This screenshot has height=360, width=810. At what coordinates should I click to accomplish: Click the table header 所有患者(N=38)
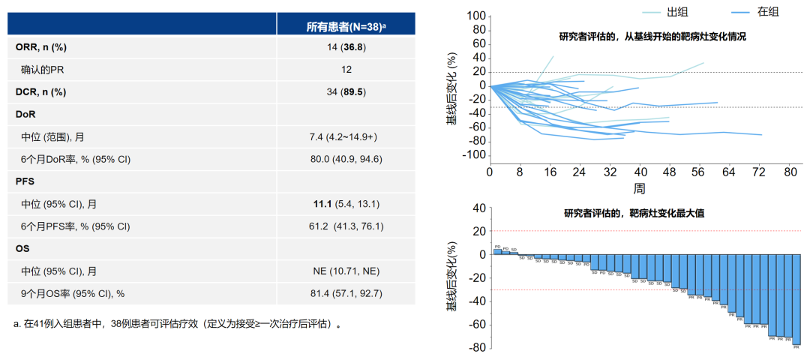click(346, 26)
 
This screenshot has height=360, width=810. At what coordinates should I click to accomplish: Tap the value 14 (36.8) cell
click(346, 47)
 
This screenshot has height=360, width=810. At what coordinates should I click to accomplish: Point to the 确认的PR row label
click(48, 70)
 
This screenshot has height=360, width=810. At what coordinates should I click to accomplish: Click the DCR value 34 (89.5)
click(346, 92)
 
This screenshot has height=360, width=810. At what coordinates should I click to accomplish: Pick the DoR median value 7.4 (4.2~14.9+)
click(346, 136)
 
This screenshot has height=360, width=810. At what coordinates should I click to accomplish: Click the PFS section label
click(25, 181)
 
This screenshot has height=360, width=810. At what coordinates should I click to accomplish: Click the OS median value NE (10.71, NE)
click(346, 271)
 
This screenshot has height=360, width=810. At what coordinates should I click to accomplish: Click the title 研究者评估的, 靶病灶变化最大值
click(634, 213)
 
